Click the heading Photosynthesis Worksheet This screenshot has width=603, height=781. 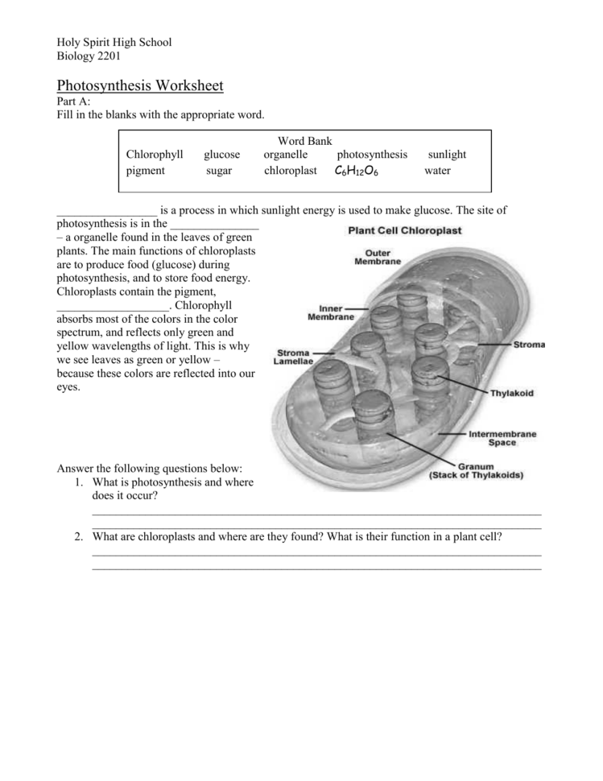(x=139, y=85)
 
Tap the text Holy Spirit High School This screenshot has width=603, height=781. (x=114, y=42)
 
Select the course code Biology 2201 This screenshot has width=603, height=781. (x=89, y=56)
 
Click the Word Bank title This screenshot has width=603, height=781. (x=304, y=141)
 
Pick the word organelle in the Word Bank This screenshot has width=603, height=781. (x=285, y=155)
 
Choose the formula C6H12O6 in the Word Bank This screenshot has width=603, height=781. (x=356, y=171)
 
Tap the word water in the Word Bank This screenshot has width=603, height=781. (x=437, y=171)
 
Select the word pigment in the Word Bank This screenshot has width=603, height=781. (x=146, y=171)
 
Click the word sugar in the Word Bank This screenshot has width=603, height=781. (x=218, y=171)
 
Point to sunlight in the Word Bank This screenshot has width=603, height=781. (x=447, y=155)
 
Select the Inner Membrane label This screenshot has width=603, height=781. (x=330, y=312)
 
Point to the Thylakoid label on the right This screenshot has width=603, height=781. (x=511, y=394)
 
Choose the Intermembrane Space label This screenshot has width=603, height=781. (x=502, y=438)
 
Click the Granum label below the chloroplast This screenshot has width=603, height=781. (x=475, y=470)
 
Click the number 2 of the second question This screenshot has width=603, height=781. (x=79, y=536)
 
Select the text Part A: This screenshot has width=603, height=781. (x=73, y=101)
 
